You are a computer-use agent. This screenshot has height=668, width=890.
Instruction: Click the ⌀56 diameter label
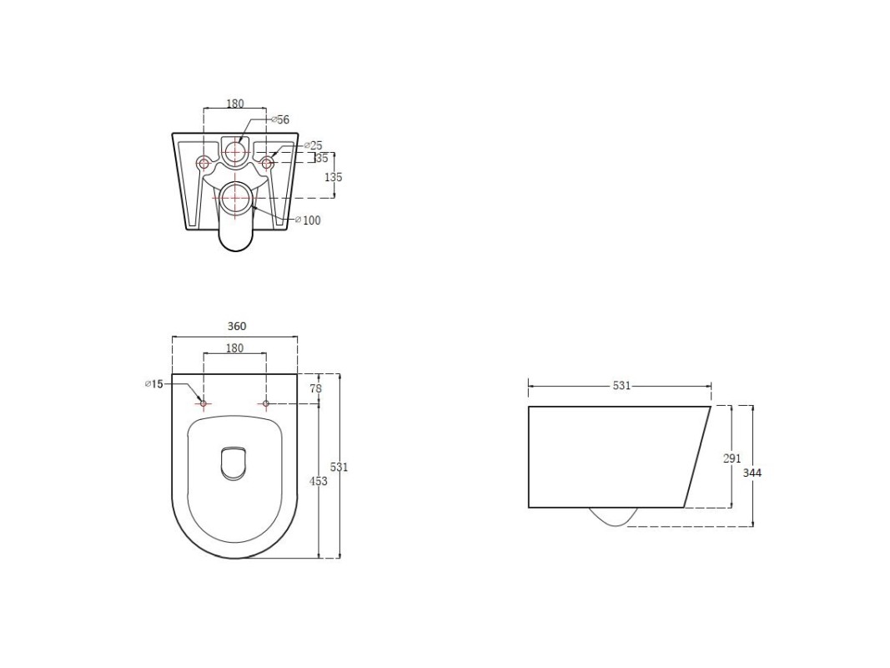click(280, 119)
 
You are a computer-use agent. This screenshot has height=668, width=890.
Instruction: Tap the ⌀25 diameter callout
click(314, 145)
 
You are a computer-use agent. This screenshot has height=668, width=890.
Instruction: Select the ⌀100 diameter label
click(309, 220)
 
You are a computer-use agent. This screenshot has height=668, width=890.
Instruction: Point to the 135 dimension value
click(333, 177)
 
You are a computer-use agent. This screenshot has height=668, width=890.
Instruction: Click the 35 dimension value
click(322, 158)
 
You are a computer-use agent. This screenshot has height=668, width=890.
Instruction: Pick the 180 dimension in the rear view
click(235, 104)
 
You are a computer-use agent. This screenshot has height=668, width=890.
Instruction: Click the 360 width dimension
click(237, 326)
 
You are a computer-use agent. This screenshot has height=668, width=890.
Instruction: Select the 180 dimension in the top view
click(234, 347)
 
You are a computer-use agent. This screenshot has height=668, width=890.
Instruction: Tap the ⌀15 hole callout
click(153, 384)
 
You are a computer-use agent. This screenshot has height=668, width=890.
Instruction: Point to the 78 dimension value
click(315, 388)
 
